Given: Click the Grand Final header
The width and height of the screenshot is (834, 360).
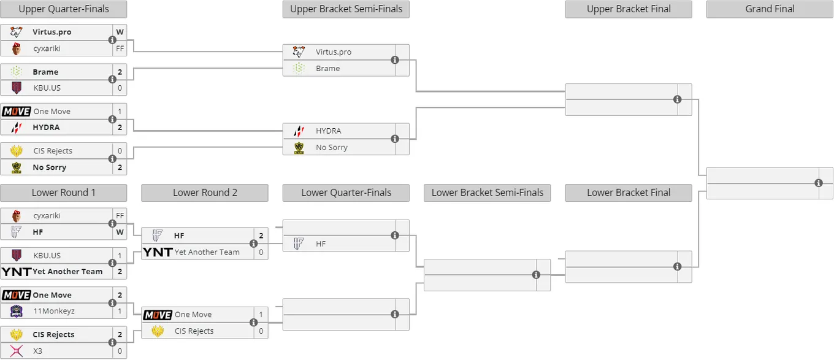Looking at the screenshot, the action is tap(770, 9).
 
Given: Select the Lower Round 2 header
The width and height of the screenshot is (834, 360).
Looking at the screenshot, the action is tap(205, 193).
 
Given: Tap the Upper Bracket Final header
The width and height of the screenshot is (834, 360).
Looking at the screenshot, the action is tap(629, 9).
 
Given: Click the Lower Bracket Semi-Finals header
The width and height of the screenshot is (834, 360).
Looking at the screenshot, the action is tap(487, 193).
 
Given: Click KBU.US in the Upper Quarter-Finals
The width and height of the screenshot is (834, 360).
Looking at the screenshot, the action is tap(47, 88).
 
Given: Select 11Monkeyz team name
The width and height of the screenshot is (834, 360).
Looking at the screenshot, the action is tap(54, 311).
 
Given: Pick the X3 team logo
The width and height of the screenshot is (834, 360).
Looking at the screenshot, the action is tap(17, 351).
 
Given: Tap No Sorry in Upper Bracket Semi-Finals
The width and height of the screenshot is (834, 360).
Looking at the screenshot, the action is tap(332, 147).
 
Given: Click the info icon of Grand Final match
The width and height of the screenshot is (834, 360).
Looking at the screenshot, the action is tap(818, 183).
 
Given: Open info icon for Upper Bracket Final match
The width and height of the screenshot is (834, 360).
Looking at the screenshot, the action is tap(677, 99).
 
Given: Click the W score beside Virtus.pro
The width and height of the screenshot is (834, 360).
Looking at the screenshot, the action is tap(120, 32).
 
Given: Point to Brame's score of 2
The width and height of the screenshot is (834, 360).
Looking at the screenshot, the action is tap(120, 72).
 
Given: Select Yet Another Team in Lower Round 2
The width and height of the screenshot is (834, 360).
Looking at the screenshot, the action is tap(207, 252).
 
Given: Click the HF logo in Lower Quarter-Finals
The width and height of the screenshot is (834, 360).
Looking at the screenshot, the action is tap(298, 244).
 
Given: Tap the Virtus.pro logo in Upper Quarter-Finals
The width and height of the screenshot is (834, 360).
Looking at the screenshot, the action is tap(17, 32).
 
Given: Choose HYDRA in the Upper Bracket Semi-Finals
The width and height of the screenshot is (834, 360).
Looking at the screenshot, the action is tap(329, 131).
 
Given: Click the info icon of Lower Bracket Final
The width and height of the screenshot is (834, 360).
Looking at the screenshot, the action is tap(677, 267).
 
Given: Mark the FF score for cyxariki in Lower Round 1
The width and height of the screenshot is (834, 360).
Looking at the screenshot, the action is tap(120, 215).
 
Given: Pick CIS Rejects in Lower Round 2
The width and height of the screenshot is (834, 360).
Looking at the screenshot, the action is tap(194, 331).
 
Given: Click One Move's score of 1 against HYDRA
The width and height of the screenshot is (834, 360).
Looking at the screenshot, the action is tap(120, 112).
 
